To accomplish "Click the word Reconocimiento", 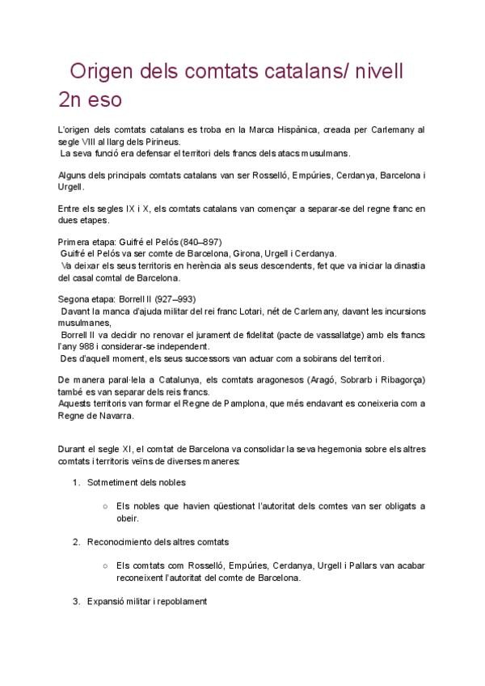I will [x=120, y=540].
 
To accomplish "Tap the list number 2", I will [x=75, y=540].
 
